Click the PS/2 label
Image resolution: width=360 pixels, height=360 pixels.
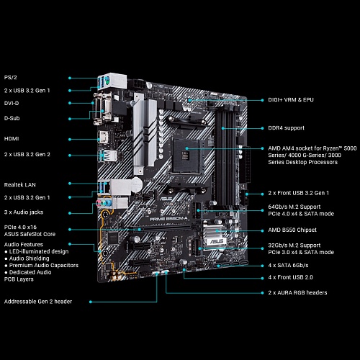tap(11, 78)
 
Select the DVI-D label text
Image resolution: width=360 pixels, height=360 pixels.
tap(12, 103)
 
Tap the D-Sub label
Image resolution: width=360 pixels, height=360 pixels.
tap(12, 118)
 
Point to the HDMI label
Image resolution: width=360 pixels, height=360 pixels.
tap(12, 139)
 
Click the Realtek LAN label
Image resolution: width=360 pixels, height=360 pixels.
tap(20, 185)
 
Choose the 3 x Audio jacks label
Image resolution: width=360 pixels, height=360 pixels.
tap(24, 212)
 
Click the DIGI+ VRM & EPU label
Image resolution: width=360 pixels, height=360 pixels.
tap(291, 100)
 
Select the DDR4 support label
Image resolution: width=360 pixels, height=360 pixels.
tap(286, 128)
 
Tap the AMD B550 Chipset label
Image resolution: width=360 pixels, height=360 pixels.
tap(292, 230)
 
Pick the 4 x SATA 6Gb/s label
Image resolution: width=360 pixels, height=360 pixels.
tap(288, 265)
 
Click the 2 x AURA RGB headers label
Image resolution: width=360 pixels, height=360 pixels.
tap(297, 292)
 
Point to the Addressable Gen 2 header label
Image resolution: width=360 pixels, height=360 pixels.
tap(38, 302)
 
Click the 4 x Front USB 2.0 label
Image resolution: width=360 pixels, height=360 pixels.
tap(290, 277)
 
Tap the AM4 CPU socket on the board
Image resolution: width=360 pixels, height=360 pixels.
tap(186, 155)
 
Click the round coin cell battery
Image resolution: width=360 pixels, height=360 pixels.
tap(137, 185)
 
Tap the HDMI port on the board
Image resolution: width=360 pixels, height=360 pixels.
tap(103, 137)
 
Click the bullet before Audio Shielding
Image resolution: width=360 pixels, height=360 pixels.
tap(6, 258)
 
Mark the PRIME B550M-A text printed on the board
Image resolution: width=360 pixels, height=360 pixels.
tap(168, 219)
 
